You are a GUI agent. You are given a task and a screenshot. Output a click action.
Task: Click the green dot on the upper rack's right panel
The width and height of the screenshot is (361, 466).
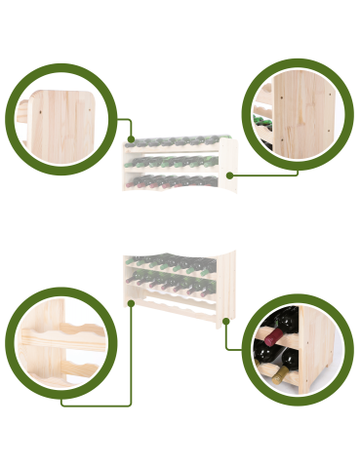[x=229, y=175]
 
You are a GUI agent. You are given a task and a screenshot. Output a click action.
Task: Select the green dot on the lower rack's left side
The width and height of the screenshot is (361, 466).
[x=131, y=302]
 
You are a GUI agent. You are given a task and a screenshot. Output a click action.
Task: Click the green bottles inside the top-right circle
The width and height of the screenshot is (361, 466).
[x=261, y=122]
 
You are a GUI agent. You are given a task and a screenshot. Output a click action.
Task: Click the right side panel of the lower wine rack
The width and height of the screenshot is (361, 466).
[x=226, y=283]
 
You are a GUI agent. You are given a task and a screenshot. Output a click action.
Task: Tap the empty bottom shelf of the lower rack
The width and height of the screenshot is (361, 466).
[x=176, y=310]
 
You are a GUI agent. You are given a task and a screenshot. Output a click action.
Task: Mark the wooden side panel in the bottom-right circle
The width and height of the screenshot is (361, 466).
[x=318, y=351]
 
